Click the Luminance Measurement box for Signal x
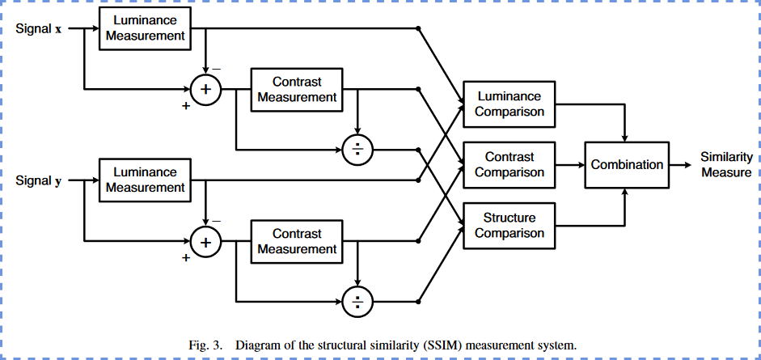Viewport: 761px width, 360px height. coord(145,28)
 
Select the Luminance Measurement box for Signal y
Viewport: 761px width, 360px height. coord(145,180)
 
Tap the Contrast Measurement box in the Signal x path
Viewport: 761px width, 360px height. coord(297,89)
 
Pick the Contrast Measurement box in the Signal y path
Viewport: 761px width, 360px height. coord(297,241)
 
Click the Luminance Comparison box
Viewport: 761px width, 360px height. coord(509,104)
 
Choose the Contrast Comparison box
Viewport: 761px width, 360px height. coord(509,165)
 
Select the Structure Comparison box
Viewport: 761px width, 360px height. coord(509,226)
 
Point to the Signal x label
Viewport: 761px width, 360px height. coord(39,28)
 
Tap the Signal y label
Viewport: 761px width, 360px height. coord(39,181)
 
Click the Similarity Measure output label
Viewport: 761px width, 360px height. coord(726,165)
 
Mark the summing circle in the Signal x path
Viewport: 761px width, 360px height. coord(205,89)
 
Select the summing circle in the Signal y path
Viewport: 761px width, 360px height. coord(205,241)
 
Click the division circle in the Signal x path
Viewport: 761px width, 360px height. coord(357,150)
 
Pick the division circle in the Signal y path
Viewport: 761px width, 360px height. coord(357,302)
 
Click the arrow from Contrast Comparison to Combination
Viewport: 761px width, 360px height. coord(570,165)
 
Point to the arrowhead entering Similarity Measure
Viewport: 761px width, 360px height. coord(687,165)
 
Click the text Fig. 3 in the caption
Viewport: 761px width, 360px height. coord(205,345)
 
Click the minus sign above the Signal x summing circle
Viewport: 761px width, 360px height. coord(217,69)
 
